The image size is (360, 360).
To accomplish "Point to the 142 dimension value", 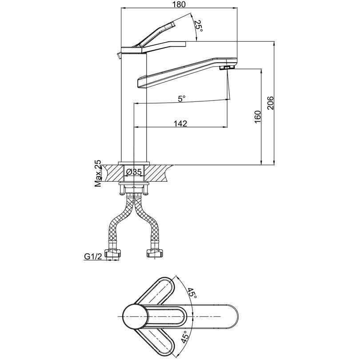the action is click(x=180, y=124).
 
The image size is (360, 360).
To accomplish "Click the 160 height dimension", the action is click(x=257, y=116).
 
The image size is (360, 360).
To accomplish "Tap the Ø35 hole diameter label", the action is click(x=133, y=172).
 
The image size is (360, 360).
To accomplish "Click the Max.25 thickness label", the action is click(x=98, y=174).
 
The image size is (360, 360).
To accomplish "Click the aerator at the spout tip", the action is click(x=227, y=68).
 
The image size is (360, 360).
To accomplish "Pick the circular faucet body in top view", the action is click(x=136, y=316).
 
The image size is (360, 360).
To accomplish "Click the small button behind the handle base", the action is click(x=119, y=56).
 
